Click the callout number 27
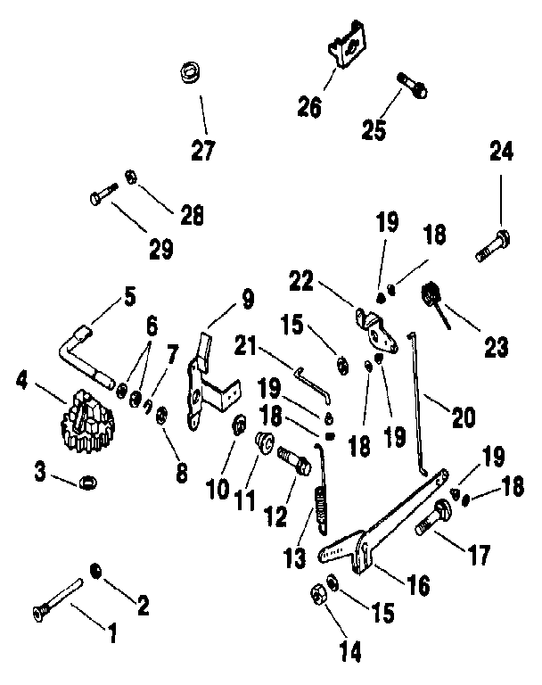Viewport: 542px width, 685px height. (x=203, y=150)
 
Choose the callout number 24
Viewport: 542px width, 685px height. (x=501, y=153)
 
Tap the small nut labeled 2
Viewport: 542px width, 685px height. (x=96, y=569)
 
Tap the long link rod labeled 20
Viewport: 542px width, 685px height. (x=417, y=401)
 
